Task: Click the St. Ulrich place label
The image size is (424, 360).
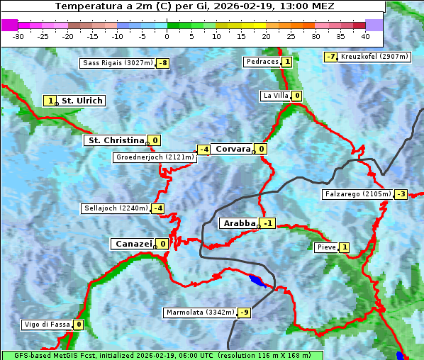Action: pos(82,101)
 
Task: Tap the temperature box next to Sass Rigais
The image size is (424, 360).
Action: pos(163,63)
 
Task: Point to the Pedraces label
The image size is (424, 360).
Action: pos(262,62)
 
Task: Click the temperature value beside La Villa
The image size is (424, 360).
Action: pos(297,96)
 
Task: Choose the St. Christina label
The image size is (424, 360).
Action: pos(115,140)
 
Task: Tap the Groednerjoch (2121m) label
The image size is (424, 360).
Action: pos(155,157)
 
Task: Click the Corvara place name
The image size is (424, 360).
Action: pos(233,149)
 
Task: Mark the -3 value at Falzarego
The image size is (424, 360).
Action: pos(401,194)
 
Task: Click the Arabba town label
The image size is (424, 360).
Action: pos(239,223)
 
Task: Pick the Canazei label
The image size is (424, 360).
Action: pos(132,244)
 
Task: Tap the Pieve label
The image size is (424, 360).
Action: pos(326,247)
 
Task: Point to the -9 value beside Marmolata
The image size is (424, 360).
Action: pos(245,313)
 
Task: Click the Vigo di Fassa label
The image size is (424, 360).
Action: pos(47,325)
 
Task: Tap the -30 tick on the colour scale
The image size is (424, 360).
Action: pos(18,36)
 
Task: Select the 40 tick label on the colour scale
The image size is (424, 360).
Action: pos(365,36)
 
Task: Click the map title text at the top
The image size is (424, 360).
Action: pos(194,6)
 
